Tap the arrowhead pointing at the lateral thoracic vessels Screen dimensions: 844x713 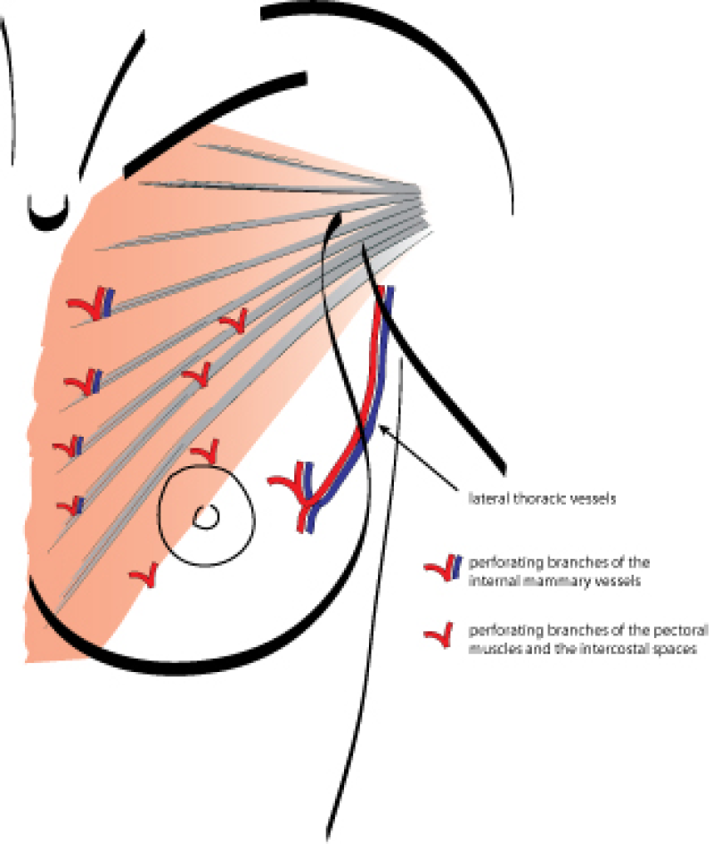tap(382, 431)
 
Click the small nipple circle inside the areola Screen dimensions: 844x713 tap(206, 516)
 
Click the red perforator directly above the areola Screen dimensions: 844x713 tap(205, 448)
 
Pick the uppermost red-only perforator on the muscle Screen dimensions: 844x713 tap(234, 322)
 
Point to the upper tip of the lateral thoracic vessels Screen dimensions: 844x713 tap(388, 291)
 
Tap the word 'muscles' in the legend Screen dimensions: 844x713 tap(494, 649)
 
